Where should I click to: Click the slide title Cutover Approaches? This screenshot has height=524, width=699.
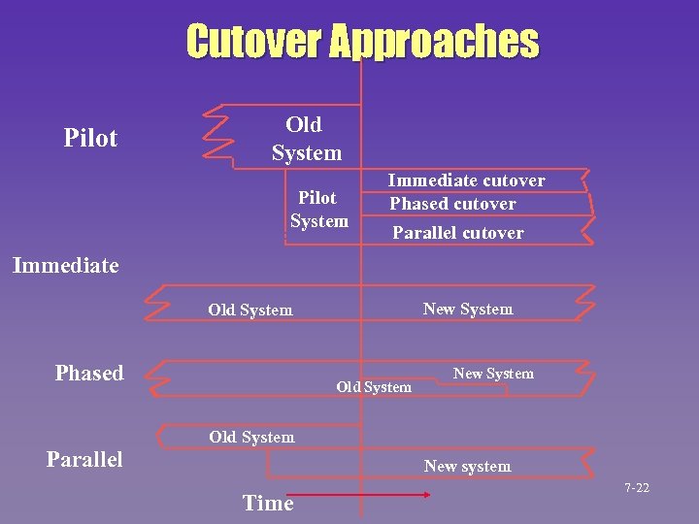pyautogui.click(x=361, y=42)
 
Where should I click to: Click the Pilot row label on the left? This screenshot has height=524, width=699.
pyautogui.click(x=90, y=138)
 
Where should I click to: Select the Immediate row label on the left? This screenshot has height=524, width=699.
pyautogui.click(x=66, y=265)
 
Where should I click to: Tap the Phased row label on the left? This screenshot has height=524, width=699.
pyautogui.click(x=89, y=374)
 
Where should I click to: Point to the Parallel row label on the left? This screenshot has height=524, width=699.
pyautogui.click(x=84, y=459)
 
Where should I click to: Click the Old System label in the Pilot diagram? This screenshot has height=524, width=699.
pyautogui.click(x=306, y=139)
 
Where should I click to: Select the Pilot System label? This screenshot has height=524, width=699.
pyautogui.click(x=318, y=210)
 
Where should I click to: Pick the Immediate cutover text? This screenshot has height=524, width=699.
pyautogui.click(x=466, y=180)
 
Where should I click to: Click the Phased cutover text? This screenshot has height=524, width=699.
pyautogui.click(x=452, y=204)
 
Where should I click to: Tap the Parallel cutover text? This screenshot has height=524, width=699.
pyautogui.click(x=457, y=233)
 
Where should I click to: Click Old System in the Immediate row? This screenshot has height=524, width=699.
pyautogui.click(x=250, y=311)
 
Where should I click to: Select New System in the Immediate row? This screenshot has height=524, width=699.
pyautogui.click(x=468, y=310)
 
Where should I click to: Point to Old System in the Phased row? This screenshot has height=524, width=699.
pyautogui.click(x=374, y=387)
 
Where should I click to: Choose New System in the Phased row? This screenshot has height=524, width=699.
pyautogui.click(x=493, y=374)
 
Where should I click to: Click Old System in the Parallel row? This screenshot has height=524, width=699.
pyautogui.click(x=251, y=438)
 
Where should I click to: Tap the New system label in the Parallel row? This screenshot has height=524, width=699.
pyautogui.click(x=467, y=467)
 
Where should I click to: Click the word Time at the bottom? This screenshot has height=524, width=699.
pyautogui.click(x=268, y=503)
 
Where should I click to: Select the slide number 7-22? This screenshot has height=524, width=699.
pyautogui.click(x=637, y=488)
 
